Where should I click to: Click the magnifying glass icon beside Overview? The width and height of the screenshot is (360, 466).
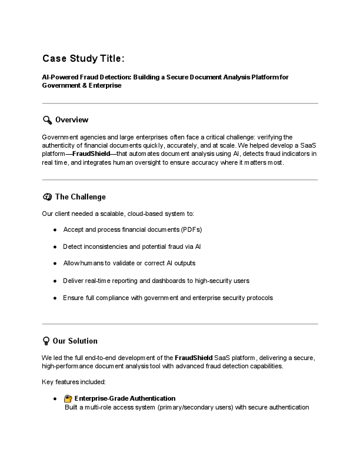47,120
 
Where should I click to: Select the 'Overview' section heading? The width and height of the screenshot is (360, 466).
72,120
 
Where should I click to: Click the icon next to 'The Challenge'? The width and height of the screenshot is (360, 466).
47,197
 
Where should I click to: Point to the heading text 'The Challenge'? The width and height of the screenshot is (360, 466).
80,197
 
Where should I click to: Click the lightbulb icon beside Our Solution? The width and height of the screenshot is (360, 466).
46,341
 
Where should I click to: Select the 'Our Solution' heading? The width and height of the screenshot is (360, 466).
75,341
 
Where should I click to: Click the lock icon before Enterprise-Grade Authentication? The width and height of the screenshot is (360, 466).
68,398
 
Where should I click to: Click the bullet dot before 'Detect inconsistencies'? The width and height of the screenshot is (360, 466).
55,246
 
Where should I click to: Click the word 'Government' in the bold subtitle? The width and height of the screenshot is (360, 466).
59,85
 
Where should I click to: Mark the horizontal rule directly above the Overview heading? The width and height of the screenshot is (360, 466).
180,104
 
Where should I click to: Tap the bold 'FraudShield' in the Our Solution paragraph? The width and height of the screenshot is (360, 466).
196,358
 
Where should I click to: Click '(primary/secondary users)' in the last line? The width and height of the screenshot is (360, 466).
195,407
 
